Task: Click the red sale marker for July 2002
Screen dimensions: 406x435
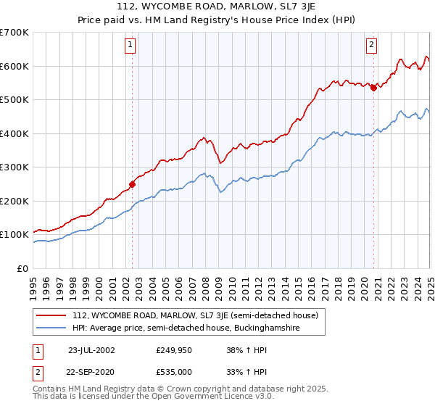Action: coord(133,184)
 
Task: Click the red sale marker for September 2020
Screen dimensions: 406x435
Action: coord(373,88)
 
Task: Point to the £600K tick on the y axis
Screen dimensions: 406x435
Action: coord(14,66)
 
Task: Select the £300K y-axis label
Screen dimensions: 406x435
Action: coord(14,167)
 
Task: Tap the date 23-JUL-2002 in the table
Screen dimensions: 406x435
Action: coord(91,349)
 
